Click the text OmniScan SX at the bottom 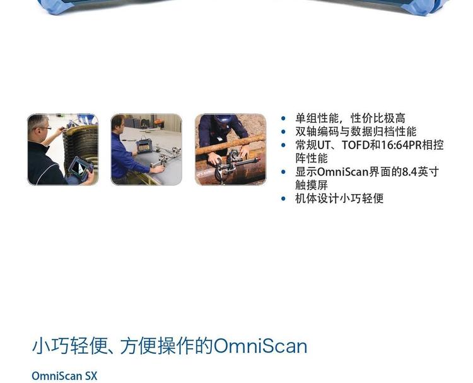pyautogui.click(x=64, y=376)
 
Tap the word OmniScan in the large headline pyautogui.click(x=260, y=346)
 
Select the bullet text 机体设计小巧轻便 pyautogui.click(x=339, y=198)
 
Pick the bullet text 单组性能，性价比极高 pyautogui.click(x=350, y=118)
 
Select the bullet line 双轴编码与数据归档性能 pyautogui.click(x=356, y=131)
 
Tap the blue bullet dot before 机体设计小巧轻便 pyautogui.click(x=283, y=198)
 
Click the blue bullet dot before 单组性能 pyautogui.click(x=283, y=118)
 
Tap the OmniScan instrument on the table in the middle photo pyautogui.click(x=144, y=146)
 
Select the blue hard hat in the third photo pyautogui.click(x=225, y=118)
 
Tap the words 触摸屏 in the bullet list pyautogui.click(x=312, y=185)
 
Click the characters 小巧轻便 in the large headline pyautogui.click(x=70, y=346)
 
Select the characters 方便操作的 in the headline pyautogui.click(x=167, y=346)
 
